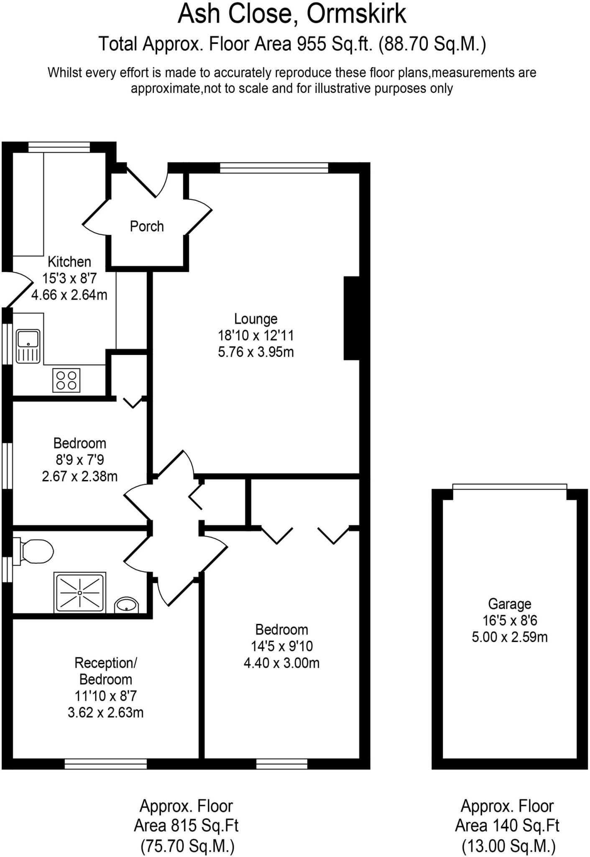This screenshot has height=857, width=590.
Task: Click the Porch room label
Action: [x=146, y=226]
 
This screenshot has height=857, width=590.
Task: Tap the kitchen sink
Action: [x=28, y=346]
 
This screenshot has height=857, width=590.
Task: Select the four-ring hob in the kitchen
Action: [x=66, y=380]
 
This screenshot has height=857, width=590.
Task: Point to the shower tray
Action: [x=80, y=593]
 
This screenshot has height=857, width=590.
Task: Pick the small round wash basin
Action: [x=126, y=605]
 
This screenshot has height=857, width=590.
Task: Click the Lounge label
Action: [x=255, y=319]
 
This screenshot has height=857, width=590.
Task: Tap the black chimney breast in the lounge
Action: [x=352, y=318]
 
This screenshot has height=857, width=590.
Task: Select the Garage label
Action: [x=509, y=604]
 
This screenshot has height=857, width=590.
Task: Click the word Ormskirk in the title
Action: [x=356, y=14]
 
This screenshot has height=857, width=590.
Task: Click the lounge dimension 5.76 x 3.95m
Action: [x=255, y=352]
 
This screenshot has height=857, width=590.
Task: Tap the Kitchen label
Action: [x=69, y=262]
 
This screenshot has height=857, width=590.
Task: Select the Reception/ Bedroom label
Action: [x=105, y=671]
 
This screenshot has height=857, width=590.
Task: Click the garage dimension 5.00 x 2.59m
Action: [x=509, y=637]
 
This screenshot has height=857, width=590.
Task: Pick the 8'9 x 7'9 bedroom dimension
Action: [x=79, y=460]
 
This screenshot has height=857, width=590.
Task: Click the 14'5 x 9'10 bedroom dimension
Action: [x=281, y=646]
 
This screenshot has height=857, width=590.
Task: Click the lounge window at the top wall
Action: [x=274, y=168]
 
